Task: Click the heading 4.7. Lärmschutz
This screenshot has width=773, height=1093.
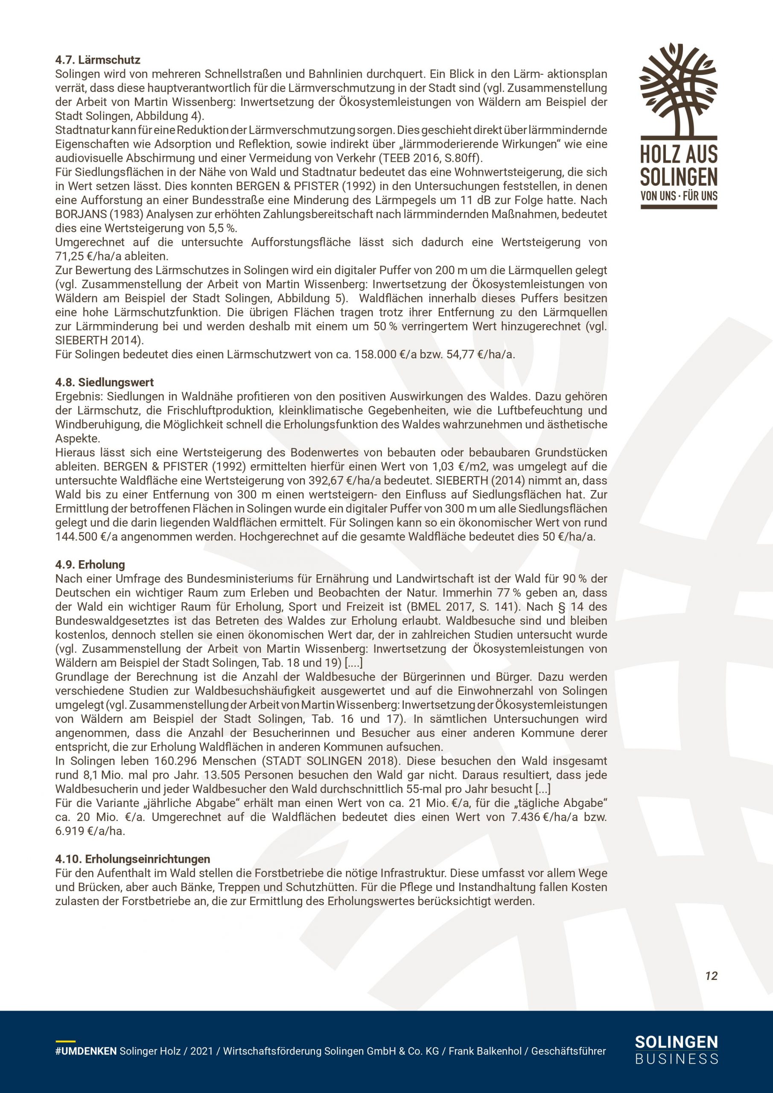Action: click(x=98, y=60)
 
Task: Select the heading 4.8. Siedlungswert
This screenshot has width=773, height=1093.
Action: click(x=104, y=382)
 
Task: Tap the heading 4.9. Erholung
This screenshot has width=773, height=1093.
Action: click(x=90, y=564)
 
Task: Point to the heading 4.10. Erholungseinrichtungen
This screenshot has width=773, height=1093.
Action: click(x=132, y=859)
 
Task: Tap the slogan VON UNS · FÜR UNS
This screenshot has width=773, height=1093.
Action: click(x=679, y=195)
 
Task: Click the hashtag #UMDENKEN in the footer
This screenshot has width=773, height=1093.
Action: click(x=86, y=1051)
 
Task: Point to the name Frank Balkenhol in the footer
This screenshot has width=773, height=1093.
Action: click(x=485, y=1051)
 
